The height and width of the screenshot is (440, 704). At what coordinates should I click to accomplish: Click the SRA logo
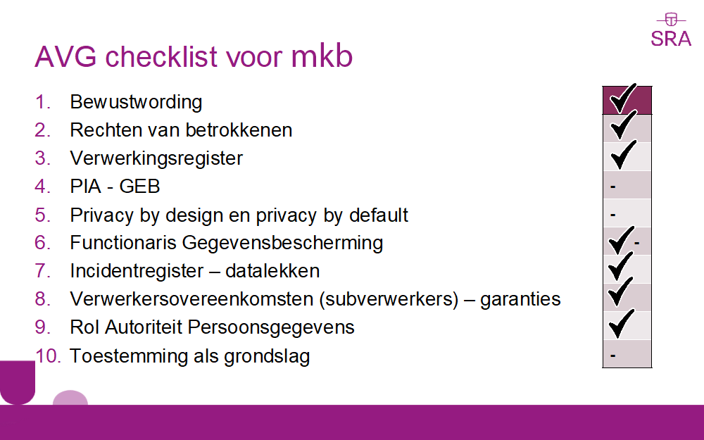click(671, 30)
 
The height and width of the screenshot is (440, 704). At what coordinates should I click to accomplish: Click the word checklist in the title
click(162, 56)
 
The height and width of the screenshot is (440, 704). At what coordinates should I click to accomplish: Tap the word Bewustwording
click(136, 102)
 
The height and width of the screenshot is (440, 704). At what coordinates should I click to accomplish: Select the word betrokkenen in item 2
click(239, 130)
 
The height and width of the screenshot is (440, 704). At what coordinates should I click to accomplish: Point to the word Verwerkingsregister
click(156, 158)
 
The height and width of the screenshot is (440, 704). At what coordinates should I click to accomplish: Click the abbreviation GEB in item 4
click(139, 187)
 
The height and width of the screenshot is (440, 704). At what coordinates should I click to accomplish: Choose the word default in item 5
click(379, 215)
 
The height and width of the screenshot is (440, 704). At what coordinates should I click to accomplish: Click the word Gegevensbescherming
click(282, 244)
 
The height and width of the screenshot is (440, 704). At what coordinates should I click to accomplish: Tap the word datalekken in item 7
click(272, 271)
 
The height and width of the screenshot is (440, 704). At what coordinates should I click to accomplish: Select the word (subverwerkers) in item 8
click(389, 299)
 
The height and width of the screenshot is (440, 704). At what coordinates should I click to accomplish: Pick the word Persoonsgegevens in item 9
click(271, 328)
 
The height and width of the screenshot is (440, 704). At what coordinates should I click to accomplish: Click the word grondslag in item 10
click(267, 356)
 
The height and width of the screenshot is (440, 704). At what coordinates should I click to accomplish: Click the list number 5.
click(42, 215)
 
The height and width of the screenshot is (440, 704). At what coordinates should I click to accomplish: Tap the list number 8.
click(42, 299)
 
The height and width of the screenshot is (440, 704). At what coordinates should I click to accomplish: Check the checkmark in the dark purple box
click(623, 99)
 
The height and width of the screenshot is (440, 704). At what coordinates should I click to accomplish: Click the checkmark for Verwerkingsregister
click(623, 154)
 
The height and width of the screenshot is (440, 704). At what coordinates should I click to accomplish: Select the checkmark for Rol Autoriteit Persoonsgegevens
click(622, 323)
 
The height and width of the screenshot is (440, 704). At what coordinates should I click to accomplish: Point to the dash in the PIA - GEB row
click(613, 187)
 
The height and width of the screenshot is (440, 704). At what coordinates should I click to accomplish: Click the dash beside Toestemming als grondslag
click(613, 356)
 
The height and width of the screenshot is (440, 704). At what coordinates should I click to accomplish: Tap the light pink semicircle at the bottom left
click(70, 398)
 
